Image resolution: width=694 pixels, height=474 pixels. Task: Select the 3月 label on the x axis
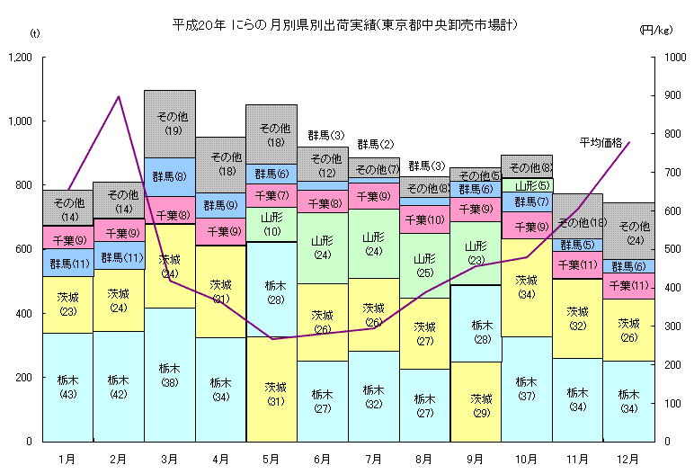[x=170, y=459]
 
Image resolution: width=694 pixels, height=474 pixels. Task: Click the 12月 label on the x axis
[x=628, y=459]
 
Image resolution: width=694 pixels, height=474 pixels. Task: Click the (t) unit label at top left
[x=35, y=32]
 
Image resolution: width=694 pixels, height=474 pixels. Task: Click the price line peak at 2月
[x=119, y=96]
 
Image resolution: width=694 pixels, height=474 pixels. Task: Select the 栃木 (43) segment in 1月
[x=67, y=387]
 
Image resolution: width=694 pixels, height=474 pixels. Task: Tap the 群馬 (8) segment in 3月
[x=170, y=177]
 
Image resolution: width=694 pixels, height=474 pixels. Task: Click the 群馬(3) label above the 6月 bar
[x=325, y=136]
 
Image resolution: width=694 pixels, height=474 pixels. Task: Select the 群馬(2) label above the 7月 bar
[x=375, y=144]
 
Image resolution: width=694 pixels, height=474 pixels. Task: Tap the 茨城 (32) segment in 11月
[x=577, y=318]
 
